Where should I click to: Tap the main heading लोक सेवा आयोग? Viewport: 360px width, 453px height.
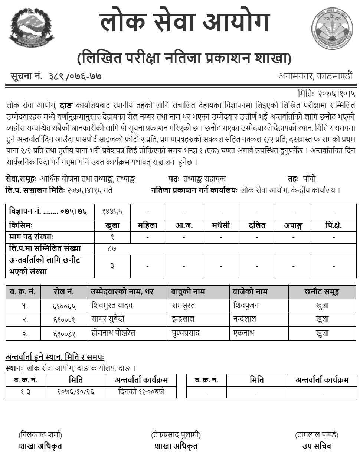[x=184, y=22]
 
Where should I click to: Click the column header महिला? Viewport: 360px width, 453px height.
[x=147, y=225]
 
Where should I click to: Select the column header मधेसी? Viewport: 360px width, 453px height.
[x=221, y=225]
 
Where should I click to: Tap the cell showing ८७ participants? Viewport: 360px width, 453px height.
[x=111, y=248]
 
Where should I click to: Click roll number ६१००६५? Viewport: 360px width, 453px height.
[x=64, y=306]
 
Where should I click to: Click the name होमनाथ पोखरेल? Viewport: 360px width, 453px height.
[x=113, y=333]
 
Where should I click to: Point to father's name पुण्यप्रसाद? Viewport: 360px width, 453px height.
[x=186, y=333]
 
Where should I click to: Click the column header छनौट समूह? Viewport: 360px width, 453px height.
[x=322, y=292]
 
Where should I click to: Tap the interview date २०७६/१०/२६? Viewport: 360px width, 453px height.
[x=76, y=392]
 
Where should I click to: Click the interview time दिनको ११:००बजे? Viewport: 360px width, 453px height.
[x=141, y=392]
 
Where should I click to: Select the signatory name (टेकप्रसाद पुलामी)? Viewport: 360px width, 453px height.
[x=176, y=434]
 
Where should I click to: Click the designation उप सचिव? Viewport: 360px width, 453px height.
[x=317, y=446]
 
